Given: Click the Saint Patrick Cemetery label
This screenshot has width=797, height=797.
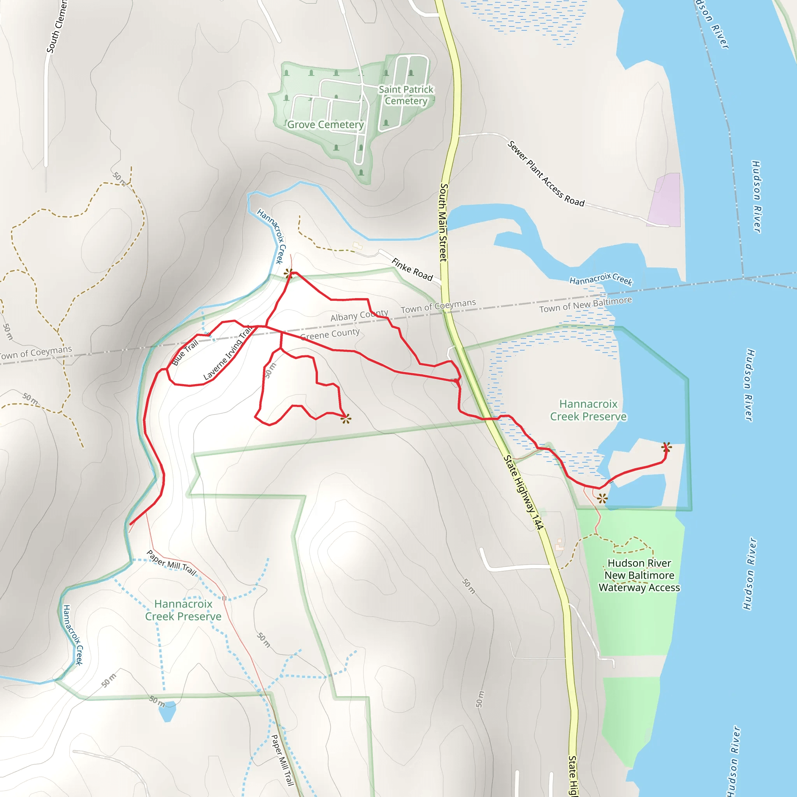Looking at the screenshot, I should [x=406, y=95].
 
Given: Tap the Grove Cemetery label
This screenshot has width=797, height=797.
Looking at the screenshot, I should [x=325, y=125].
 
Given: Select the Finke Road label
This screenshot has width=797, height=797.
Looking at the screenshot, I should [x=412, y=269].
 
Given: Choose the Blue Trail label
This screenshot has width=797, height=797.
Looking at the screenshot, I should [x=185, y=352].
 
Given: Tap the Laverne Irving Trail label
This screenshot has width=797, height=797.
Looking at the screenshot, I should [x=228, y=353].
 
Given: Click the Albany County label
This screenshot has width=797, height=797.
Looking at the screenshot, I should [x=359, y=315].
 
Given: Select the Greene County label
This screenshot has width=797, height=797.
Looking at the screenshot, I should [x=330, y=334].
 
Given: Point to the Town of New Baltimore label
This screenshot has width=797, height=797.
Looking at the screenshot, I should [x=585, y=304].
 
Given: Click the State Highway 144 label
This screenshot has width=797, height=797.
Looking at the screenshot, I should [x=523, y=492].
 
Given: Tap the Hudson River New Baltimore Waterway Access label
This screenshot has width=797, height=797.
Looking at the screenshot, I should [x=639, y=575].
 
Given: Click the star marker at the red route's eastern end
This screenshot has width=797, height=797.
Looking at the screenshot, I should [x=666, y=447].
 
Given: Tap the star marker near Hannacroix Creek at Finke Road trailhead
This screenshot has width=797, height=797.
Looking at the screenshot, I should [x=289, y=273].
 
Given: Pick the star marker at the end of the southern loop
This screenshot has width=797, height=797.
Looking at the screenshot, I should [x=346, y=419].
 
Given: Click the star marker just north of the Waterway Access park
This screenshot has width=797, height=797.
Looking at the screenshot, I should [x=602, y=499].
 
